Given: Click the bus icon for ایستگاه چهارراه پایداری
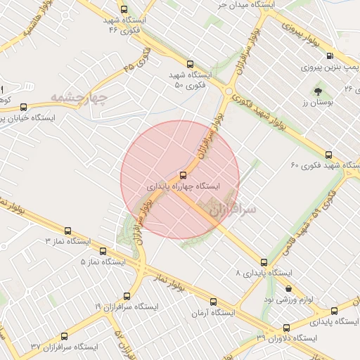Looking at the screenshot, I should tap(184, 175).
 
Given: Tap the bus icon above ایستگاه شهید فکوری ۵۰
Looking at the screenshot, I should tap(191, 63).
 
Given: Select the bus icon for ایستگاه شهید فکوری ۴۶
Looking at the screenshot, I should tap(124, 10).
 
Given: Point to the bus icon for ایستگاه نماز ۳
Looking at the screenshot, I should tap(68, 230).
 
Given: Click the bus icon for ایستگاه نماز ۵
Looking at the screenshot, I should tap(104, 250).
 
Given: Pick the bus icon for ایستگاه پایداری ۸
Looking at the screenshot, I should tap(264, 262).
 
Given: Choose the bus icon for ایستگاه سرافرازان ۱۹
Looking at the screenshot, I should tap(127, 295).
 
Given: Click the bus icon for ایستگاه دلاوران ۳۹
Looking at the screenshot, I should tap(286, 328).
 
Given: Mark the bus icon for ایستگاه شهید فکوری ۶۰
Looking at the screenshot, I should tap(329, 155).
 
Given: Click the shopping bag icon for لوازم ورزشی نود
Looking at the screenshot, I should tap(288, 288).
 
